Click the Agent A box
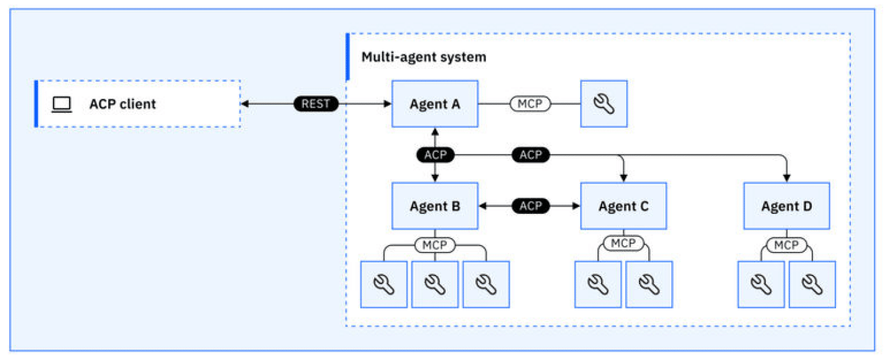coord(434,104)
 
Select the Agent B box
coord(434,206)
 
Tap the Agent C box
coord(623,206)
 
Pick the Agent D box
coord(786,206)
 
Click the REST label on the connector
coord(316,104)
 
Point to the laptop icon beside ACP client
coord(62,104)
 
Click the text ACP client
coord(122,104)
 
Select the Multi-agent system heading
coord(424,57)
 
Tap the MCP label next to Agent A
coord(530,104)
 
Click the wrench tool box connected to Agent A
coord(603,104)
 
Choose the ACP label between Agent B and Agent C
coord(530,206)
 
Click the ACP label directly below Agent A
coord(435,155)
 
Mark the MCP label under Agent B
coord(434,245)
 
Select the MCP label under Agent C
coord(623,244)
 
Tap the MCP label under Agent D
coord(786,245)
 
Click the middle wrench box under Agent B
coord(434,284)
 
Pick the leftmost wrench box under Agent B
coord(384,284)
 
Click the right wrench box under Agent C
coord(649,284)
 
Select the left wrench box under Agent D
coord(761,284)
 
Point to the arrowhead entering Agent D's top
coord(787,178)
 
